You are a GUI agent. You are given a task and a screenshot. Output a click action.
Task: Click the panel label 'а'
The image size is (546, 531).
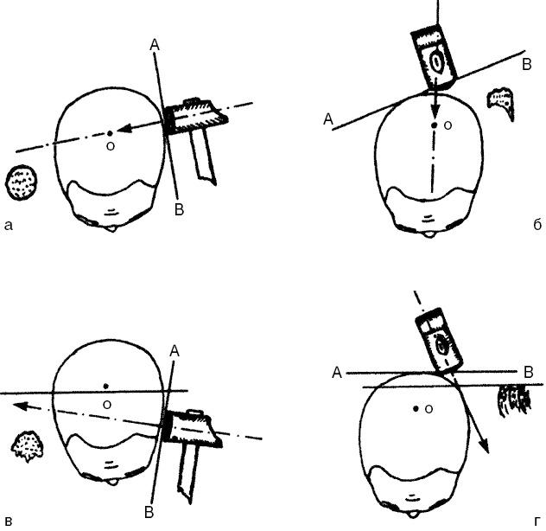point(9,226)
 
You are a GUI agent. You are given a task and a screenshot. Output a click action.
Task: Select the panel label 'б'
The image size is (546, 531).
point(537,225)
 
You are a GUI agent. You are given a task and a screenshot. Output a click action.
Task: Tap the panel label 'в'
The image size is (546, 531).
point(9,522)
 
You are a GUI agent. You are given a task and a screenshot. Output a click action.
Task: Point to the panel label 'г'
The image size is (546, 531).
point(537,521)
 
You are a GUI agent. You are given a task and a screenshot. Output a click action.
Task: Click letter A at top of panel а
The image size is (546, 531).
point(155,45)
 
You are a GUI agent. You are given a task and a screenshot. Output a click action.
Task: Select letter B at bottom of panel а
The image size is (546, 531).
point(179,209)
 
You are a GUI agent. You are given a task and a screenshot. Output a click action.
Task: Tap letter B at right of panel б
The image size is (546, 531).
point(527,65)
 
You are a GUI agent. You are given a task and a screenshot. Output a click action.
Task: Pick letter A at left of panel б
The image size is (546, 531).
point(328,119)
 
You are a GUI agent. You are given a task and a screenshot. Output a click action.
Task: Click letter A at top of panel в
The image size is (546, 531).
point(175,351)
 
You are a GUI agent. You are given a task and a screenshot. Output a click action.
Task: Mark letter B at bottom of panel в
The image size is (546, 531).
point(149,513)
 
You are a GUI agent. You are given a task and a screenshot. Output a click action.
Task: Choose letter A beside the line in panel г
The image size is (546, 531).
point(337,373)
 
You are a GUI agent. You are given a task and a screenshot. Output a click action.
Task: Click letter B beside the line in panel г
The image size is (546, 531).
point(529,373)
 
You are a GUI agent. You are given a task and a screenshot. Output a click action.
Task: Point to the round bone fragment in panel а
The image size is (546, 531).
point(22,182)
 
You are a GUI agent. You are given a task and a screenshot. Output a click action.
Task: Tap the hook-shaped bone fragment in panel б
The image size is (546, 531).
point(501,102)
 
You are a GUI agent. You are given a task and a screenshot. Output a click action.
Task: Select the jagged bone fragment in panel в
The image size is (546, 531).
point(27,446)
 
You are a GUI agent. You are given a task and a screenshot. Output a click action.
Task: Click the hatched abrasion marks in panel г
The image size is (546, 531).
point(515,401)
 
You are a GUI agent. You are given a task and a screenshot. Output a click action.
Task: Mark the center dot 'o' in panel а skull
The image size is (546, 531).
point(110,133)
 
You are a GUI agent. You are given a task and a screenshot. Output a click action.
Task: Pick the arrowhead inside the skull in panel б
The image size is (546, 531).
point(434,114)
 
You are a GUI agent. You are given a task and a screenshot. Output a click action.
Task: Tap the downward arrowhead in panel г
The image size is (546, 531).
point(485,446)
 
